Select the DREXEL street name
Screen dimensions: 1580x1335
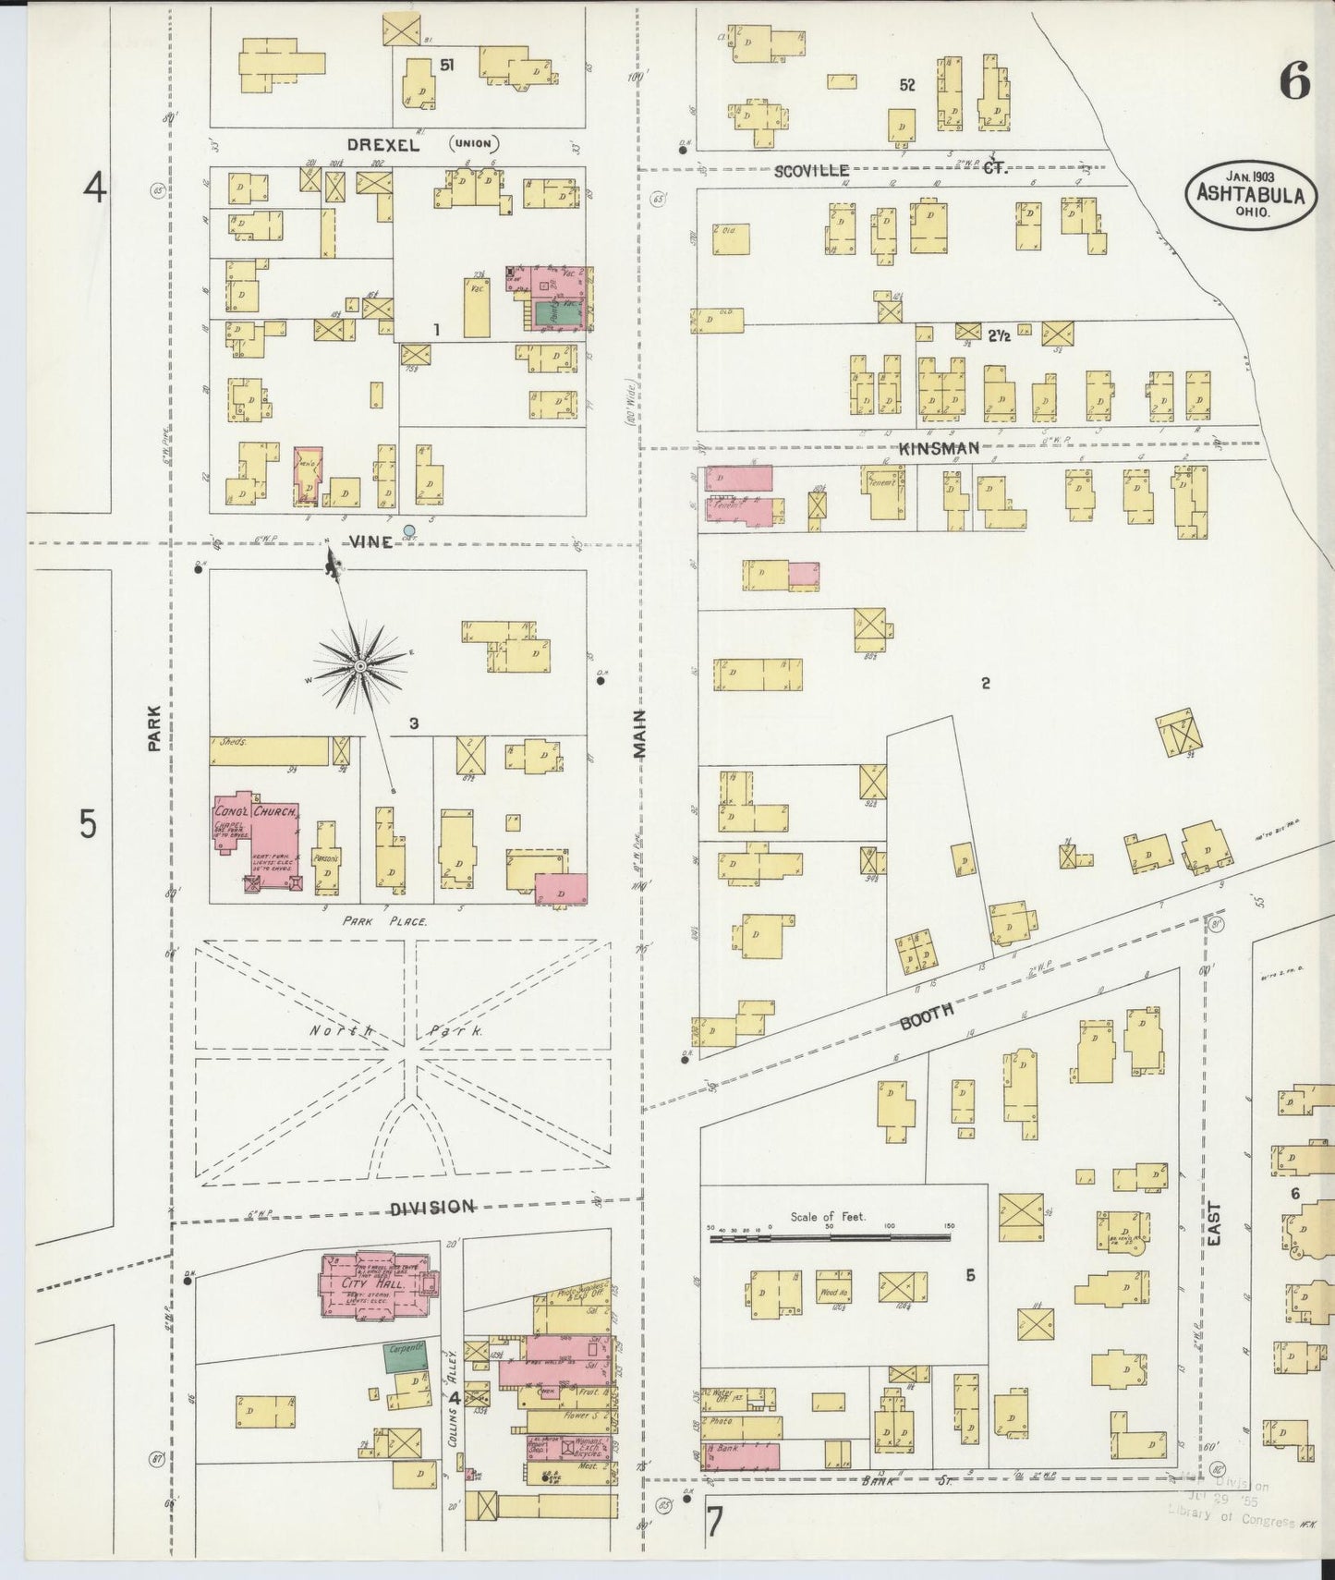tap(383, 145)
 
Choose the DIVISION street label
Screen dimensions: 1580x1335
tap(431, 1208)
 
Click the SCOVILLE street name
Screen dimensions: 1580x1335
tap(811, 171)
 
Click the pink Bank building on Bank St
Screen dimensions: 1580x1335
tap(741, 1455)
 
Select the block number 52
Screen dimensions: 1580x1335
tap(906, 85)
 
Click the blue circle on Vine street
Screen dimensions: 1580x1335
tap(409, 530)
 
